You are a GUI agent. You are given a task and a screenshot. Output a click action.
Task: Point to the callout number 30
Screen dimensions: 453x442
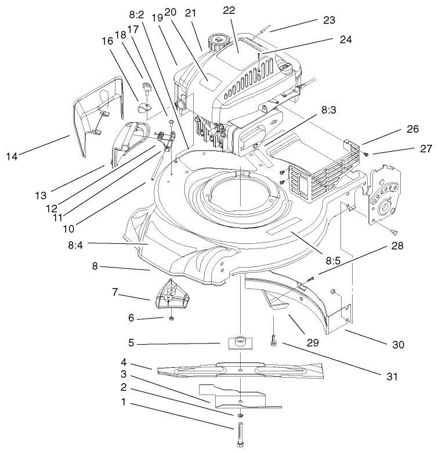397,345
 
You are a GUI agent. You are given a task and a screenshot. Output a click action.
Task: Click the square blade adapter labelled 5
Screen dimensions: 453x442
239,342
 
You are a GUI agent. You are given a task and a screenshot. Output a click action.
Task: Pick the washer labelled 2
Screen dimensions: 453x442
240,417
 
